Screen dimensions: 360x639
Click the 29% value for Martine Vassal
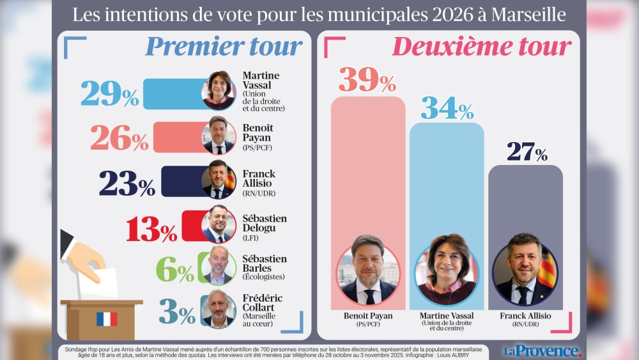109,94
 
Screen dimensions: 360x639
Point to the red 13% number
151,228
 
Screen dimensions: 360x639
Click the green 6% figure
174,270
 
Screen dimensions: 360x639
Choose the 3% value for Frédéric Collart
176,311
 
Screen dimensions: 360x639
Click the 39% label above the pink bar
367,79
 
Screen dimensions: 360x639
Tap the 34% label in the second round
446,109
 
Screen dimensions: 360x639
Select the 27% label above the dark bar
527,152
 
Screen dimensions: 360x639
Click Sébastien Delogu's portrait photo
219,225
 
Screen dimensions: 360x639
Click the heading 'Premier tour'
224,47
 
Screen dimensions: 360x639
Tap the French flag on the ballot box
107,318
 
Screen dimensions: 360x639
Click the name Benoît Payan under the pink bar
367,316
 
